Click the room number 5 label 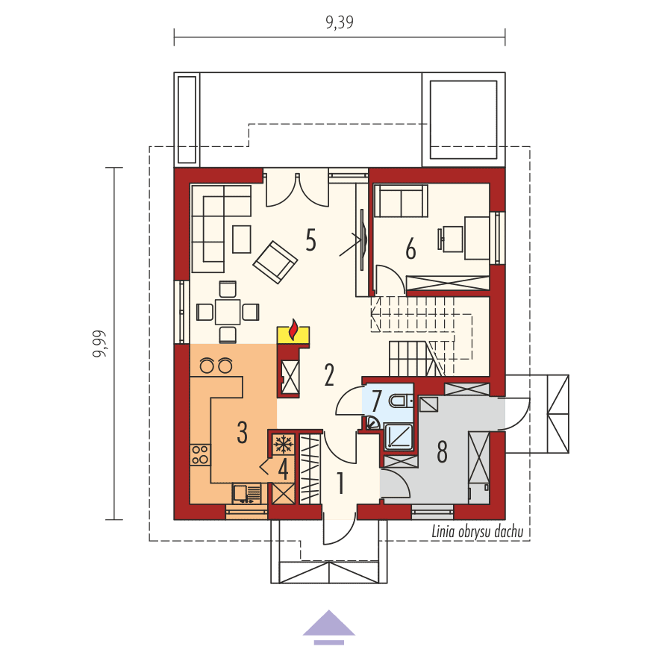pyautogui.click(x=310, y=240)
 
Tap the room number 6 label pyautogui.click(x=410, y=248)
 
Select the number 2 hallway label pyautogui.click(x=329, y=375)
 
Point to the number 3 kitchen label pyautogui.click(x=242, y=432)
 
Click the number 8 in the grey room pyautogui.click(x=442, y=451)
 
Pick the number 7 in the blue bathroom pyautogui.click(x=377, y=401)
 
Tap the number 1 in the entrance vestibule pyautogui.click(x=340, y=483)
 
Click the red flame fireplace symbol pyautogui.click(x=293, y=330)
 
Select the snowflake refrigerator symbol pyautogui.click(x=283, y=444)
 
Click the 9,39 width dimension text pyautogui.click(x=340, y=22)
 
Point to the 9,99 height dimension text pyautogui.click(x=100, y=344)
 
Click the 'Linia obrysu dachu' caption pyautogui.click(x=477, y=532)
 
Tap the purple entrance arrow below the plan pyautogui.click(x=329, y=627)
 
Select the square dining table pyautogui.click(x=228, y=312)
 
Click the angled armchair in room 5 pyautogui.click(x=275, y=262)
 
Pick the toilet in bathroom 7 pyautogui.click(x=401, y=400)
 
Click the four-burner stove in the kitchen pyautogui.click(x=200, y=454)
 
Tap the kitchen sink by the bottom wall pyautogui.click(x=246, y=494)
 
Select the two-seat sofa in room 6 pyautogui.click(x=401, y=201)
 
